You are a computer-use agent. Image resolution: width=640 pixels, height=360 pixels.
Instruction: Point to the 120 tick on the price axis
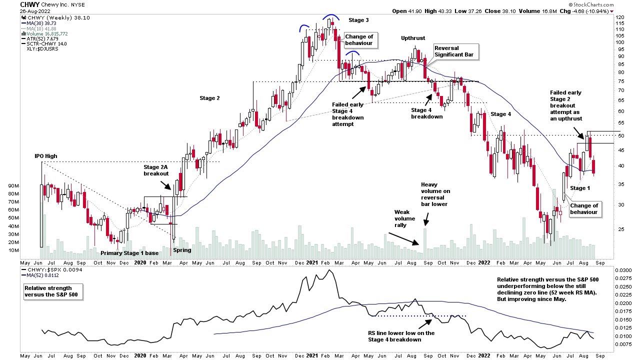tap(620, 17)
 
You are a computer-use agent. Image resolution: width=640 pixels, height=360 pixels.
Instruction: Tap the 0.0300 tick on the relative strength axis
tap(624, 270)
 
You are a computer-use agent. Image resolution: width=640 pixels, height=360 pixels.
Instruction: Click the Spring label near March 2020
tap(182, 250)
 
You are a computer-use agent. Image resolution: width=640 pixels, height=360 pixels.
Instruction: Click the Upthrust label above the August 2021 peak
tap(413, 38)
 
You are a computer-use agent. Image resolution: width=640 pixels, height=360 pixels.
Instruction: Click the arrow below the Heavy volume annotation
tap(426, 218)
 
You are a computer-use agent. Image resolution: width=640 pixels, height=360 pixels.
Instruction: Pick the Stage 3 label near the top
tap(358, 19)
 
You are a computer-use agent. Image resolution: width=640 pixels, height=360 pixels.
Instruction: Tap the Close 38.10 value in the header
tap(511, 11)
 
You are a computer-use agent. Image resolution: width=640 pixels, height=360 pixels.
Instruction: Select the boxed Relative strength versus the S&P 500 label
tap(53, 291)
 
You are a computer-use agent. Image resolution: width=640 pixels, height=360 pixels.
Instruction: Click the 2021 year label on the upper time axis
tap(312, 262)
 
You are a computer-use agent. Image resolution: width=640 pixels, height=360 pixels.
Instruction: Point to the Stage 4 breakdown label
tap(426, 113)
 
